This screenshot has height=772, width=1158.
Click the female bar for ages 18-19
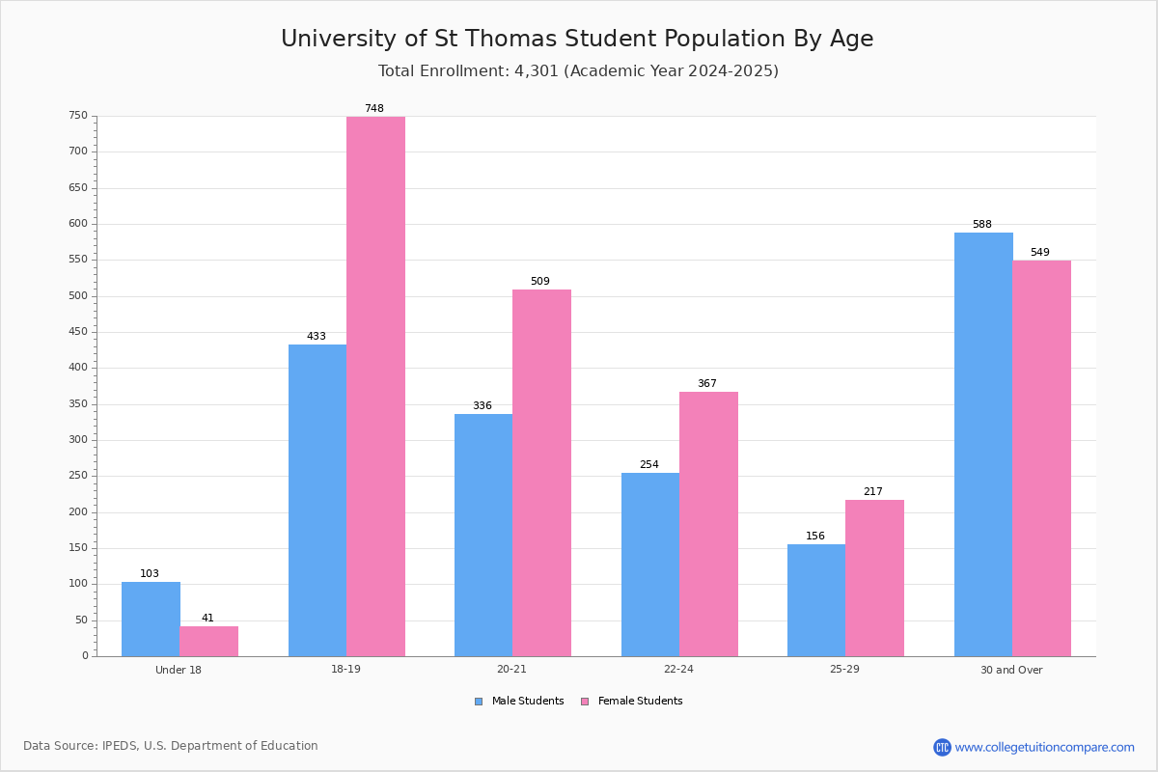[375, 386]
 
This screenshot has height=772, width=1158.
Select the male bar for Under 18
[151, 619]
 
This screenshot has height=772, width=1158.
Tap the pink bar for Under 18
[209, 641]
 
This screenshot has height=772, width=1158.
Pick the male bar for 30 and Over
[983, 444]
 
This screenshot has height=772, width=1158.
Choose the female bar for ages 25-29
[874, 578]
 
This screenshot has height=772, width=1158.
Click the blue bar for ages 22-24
[650, 565]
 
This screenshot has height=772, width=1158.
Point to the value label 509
[540, 281]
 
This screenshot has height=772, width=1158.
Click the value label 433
[317, 336]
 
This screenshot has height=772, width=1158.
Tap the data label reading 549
[1040, 252]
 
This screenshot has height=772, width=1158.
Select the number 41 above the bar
[207, 618]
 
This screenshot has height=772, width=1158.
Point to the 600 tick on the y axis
[78, 223]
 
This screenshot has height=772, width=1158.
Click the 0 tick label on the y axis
[85, 655]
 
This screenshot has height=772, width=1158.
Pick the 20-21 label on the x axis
[511, 669]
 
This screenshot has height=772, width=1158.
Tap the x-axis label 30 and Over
[1011, 670]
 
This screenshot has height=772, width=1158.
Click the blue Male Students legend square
[479, 702]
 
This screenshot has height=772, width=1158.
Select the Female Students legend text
[640, 701]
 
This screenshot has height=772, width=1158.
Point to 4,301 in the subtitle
[537, 70]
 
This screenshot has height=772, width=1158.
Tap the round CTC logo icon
[943, 747]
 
